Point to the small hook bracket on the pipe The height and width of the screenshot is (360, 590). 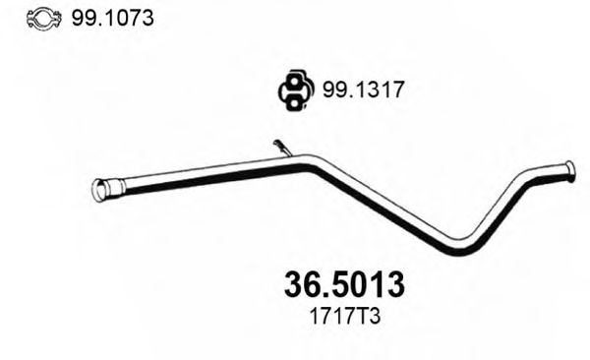pos(282,148)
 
